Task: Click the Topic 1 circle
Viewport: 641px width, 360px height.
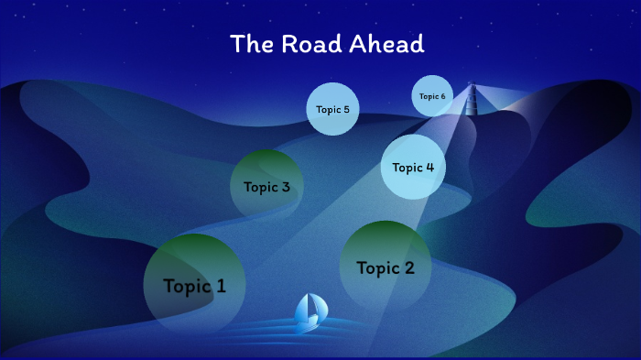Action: pos(193,284)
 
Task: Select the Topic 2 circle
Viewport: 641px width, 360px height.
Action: pos(386,267)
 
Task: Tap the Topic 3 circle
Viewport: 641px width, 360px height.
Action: pos(266,186)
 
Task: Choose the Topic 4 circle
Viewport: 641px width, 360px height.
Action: pos(413,167)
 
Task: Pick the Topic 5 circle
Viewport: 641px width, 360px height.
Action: pos(331,109)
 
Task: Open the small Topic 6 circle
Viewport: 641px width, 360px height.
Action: pos(432,96)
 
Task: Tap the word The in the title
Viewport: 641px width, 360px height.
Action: pos(248,44)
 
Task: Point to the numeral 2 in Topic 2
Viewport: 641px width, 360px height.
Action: pos(408,267)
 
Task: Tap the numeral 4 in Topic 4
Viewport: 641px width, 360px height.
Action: pos(429,168)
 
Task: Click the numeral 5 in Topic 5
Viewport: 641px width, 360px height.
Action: pos(345,109)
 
